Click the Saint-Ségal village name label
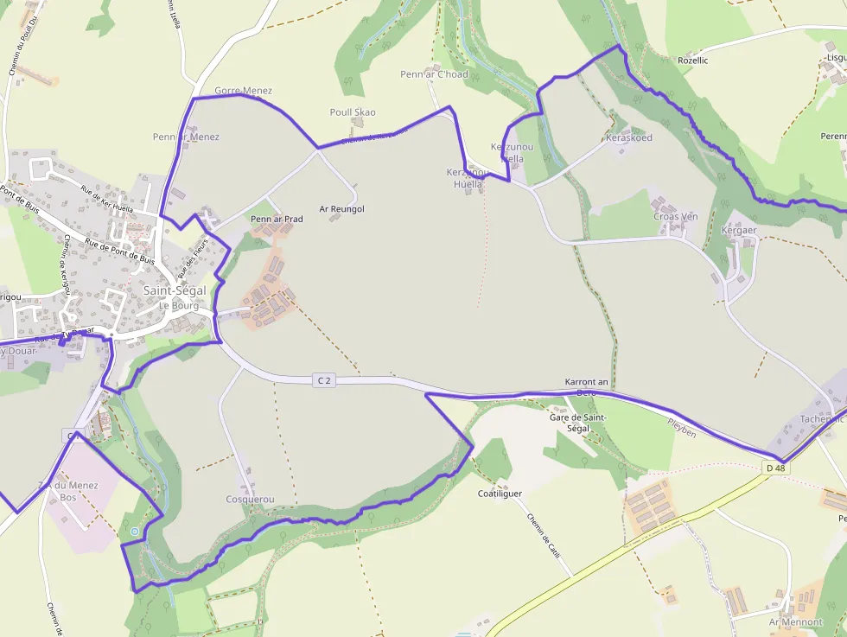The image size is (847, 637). [x=175, y=290]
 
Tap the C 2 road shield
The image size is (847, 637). [x=324, y=380]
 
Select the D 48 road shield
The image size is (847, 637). [x=776, y=468]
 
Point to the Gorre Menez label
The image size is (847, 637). [x=243, y=91]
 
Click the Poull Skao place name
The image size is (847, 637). [x=353, y=112]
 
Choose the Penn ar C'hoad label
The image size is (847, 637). [x=434, y=74]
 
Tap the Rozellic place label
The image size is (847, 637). [x=693, y=61]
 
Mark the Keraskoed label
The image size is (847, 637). [x=629, y=138]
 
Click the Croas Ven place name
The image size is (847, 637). [x=675, y=217]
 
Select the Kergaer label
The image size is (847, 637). [x=739, y=231]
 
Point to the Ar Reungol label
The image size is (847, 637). [x=342, y=209]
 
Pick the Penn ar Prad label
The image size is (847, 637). [x=277, y=220]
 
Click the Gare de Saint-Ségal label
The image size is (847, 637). [x=578, y=423]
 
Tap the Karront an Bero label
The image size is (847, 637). [x=586, y=386]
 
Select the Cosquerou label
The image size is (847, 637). [x=250, y=500]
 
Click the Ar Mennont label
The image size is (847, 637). [x=795, y=621]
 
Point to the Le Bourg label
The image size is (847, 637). [x=179, y=305]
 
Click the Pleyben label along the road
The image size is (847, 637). [x=682, y=426]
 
